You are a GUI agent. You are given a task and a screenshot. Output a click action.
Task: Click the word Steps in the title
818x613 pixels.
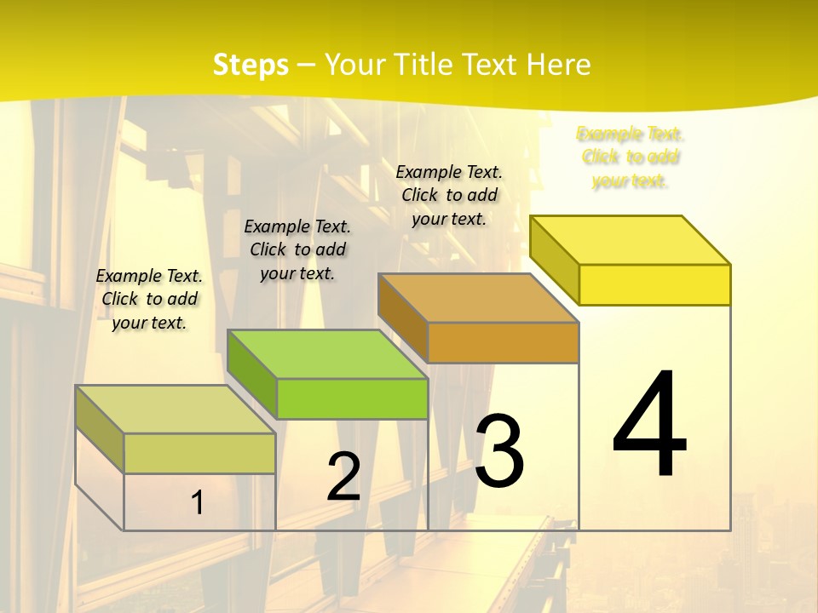[x=251, y=66]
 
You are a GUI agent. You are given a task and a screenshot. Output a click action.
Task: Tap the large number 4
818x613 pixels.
[x=650, y=426]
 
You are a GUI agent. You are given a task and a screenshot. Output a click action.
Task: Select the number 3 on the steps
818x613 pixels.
[x=499, y=451]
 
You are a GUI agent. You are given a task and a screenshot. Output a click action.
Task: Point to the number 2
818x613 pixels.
[x=344, y=477]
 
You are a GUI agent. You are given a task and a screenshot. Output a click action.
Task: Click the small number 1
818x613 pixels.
[x=197, y=503]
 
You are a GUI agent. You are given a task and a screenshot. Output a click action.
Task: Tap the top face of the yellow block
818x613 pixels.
[x=631, y=240]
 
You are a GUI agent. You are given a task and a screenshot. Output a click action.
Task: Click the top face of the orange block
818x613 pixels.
[x=479, y=298]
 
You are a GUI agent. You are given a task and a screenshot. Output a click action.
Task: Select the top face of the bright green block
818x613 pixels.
[x=328, y=354]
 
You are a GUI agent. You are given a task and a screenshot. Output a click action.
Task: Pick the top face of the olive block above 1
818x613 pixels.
[x=176, y=410]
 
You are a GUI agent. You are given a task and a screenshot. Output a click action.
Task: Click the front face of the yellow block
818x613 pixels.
[x=654, y=284]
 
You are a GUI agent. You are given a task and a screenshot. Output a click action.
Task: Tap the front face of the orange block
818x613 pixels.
[x=503, y=342]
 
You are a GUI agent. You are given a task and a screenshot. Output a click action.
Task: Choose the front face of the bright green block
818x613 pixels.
[x=352, y=398]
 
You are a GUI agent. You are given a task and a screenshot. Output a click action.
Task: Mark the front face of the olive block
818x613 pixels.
[x=199, y=453]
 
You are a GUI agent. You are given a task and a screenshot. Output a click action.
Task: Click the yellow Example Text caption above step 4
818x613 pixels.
[x=630, y=158]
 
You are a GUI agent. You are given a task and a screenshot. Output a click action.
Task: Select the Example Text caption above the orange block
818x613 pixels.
[x=449, y=195]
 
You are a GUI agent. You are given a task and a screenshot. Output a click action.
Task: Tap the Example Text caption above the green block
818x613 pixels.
[x=297, y=249]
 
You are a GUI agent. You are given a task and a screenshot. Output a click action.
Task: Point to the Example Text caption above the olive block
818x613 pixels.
[x=149, y=299]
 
